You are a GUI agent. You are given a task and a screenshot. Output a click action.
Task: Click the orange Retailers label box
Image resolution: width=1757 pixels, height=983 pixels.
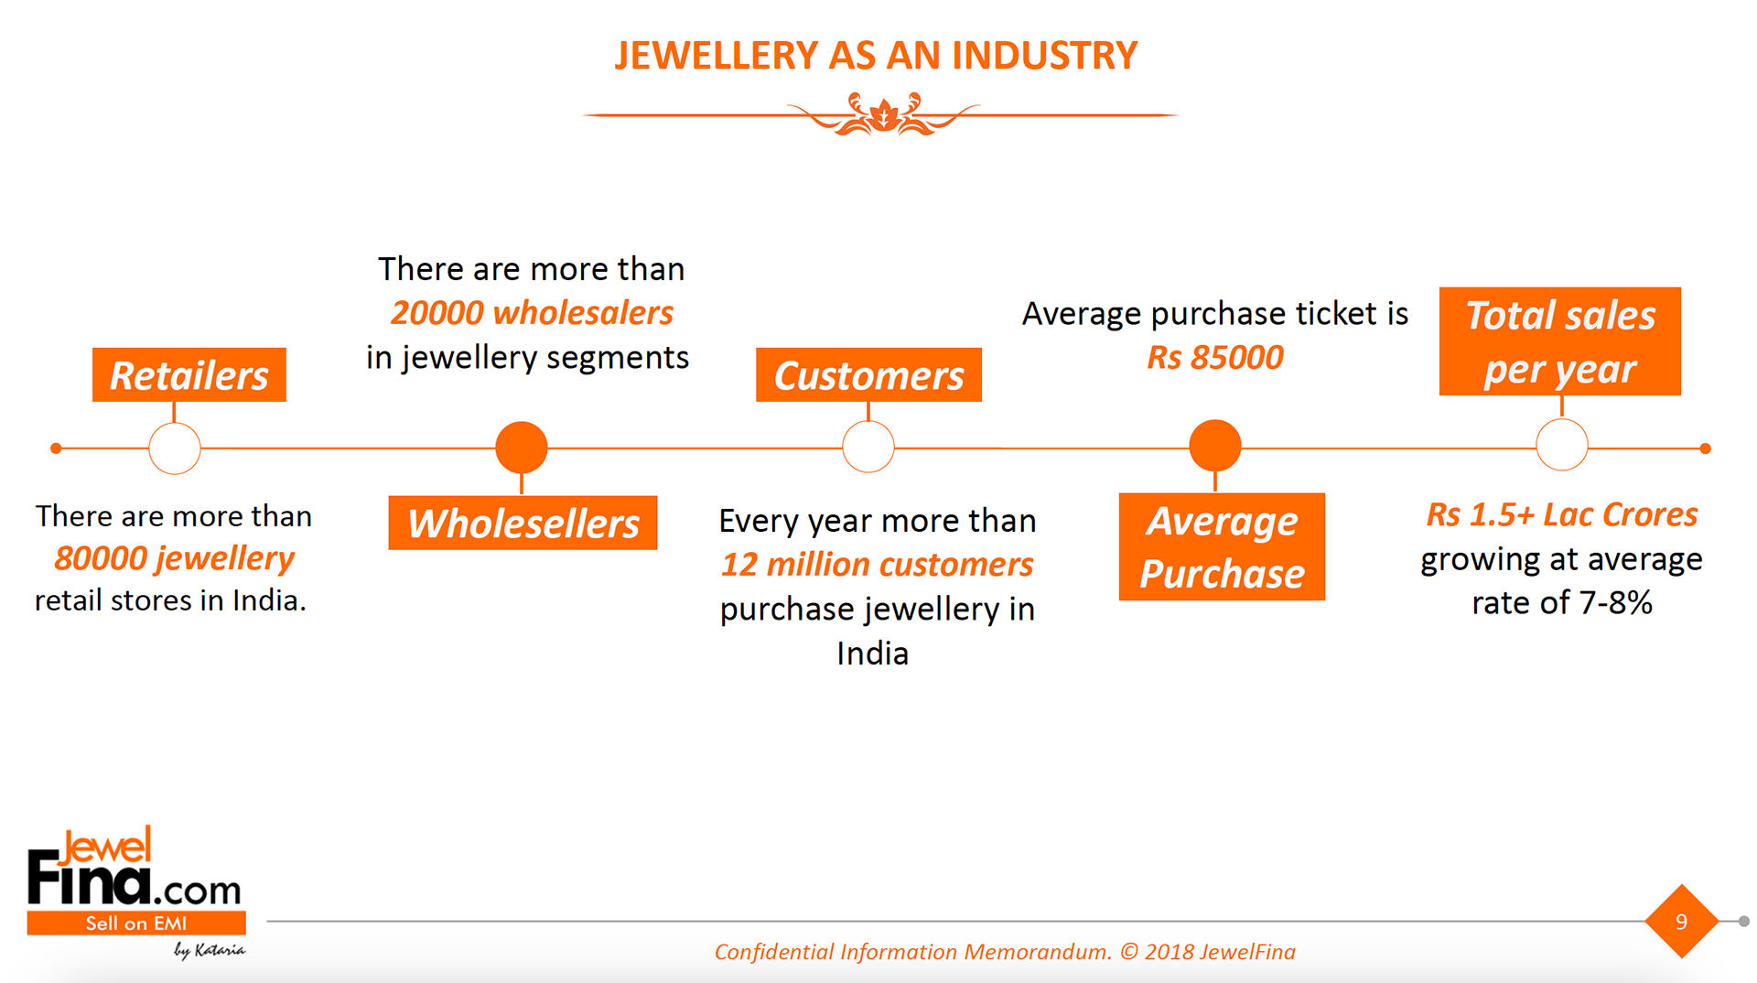point(189,374)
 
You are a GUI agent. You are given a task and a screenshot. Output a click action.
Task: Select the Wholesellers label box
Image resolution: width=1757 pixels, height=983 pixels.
point(523,523)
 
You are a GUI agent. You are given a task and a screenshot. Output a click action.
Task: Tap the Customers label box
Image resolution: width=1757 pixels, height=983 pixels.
point(868,374)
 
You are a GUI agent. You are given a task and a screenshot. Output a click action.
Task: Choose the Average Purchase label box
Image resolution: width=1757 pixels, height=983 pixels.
point(1222,546)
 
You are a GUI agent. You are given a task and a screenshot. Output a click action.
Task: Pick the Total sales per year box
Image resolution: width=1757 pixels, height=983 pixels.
point(1560,341)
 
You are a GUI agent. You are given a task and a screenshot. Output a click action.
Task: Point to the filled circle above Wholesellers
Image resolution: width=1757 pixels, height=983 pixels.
point(522,448)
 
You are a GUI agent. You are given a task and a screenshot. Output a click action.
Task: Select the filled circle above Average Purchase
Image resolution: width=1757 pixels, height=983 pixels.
point(1215,446)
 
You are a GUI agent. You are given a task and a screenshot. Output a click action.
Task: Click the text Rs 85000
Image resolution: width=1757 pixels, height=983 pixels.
point(1215,357)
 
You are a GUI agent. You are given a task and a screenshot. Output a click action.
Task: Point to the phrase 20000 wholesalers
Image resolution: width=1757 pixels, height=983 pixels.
point(532,313)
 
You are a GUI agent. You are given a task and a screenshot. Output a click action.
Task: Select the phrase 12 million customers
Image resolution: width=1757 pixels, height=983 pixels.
point(877,565)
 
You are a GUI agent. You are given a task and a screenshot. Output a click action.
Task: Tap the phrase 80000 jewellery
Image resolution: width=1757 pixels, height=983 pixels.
point(174,558)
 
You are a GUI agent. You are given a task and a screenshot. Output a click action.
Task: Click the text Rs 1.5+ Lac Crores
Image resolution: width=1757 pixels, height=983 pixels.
point(1562,514)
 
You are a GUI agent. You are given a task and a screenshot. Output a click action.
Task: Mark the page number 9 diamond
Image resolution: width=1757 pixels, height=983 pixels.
point(1682,922)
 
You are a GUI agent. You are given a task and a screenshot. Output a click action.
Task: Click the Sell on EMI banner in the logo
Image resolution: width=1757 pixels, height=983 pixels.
point(136,923)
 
